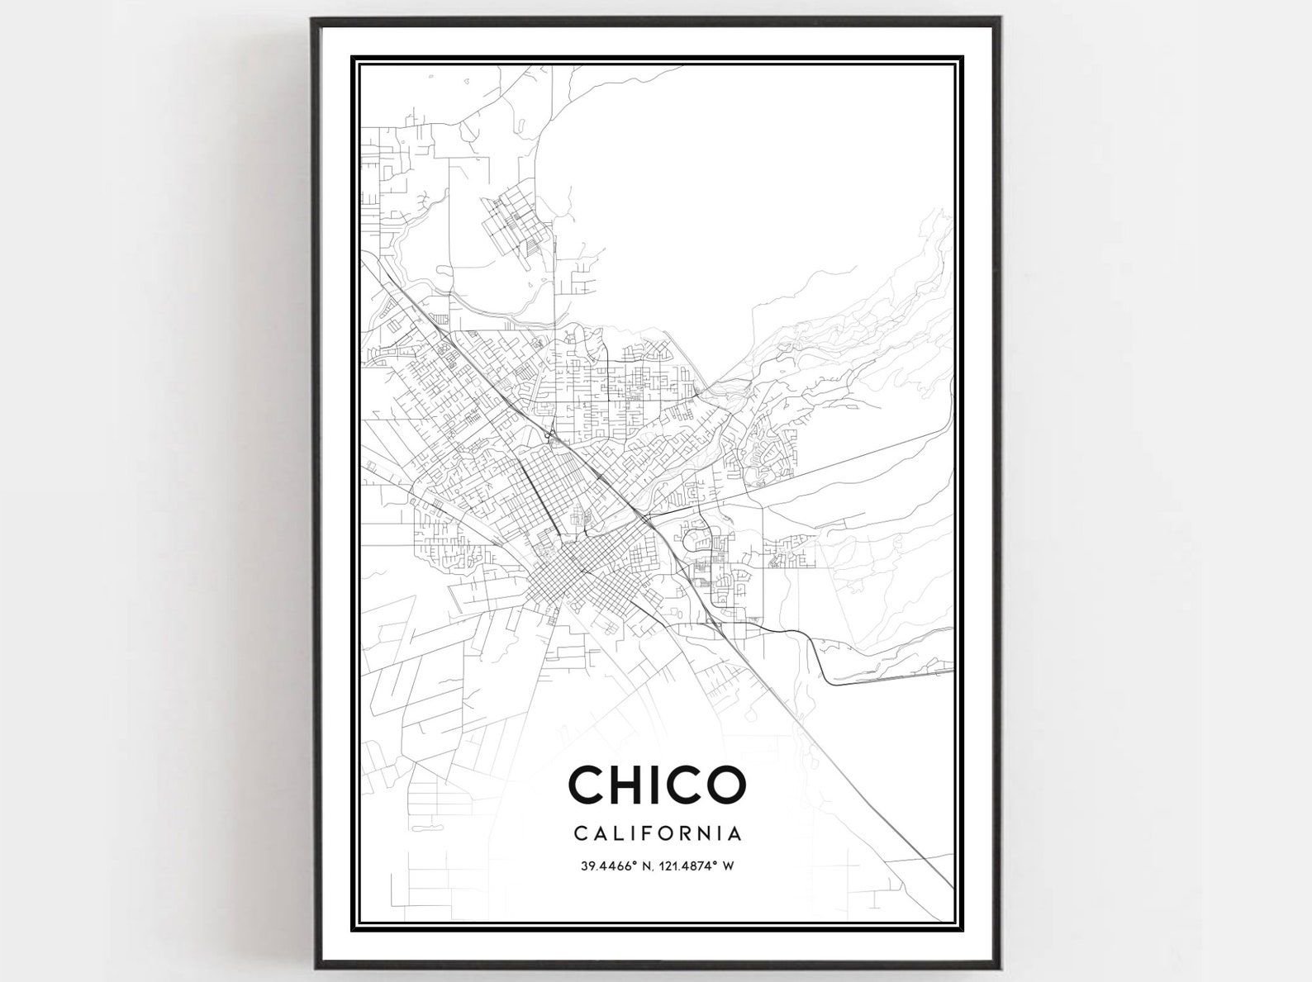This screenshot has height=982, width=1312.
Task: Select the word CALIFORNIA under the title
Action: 658,833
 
